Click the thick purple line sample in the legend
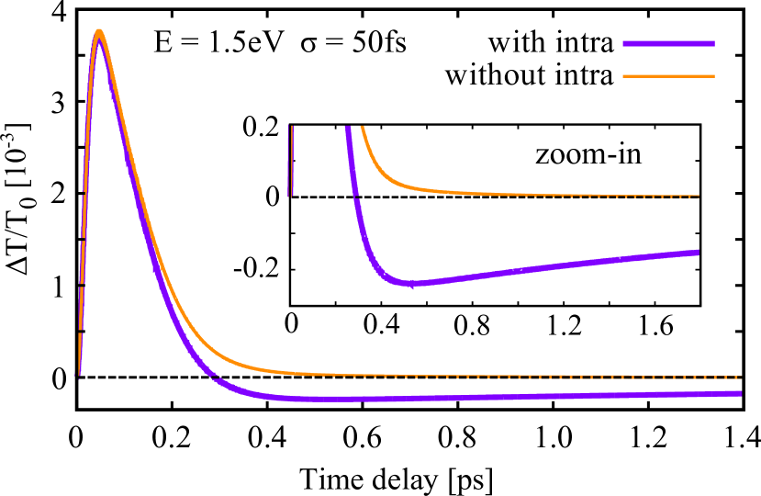click(668, 43)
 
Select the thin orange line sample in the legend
click(668, 76)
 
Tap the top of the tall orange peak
click(98, 31)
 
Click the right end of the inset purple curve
click(698, 252)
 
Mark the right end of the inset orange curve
click(698, 196)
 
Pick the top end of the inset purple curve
click(348, 128)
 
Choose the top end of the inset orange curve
click(362, 127)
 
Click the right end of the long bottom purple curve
click(740, 393)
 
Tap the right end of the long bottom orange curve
click(740, 378)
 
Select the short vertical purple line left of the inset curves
click(290, 161)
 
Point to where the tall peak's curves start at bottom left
click(78, 375)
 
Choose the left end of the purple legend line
click(624, 43)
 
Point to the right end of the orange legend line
click(713, 76)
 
